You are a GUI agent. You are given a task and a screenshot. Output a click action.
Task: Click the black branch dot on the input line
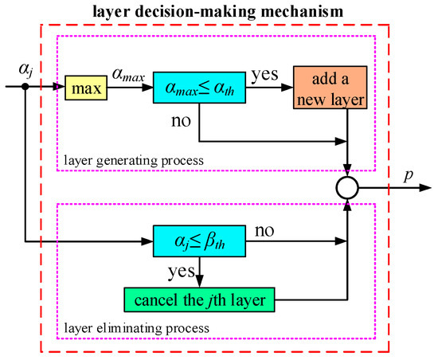coord(26,87)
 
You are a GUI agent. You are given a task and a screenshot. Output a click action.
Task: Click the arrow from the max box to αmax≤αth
coord(130,87)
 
